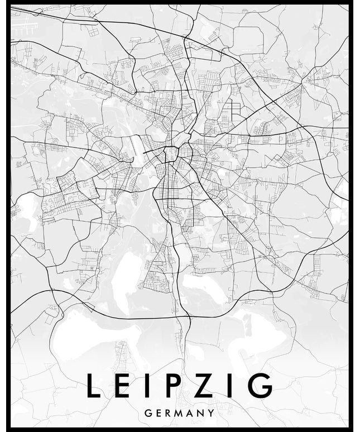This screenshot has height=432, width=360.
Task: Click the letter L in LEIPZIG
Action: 93,386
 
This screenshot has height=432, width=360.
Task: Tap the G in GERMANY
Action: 147,413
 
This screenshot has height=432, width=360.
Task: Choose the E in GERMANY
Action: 159,413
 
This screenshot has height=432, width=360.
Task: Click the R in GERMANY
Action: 169,413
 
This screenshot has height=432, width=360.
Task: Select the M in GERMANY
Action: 181,413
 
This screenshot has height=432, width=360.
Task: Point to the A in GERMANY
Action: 193,413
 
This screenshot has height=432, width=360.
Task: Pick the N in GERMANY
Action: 203,413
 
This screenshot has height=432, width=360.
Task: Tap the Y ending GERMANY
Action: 212,413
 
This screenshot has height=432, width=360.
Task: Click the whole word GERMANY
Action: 180,413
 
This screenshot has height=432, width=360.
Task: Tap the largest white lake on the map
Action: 95,335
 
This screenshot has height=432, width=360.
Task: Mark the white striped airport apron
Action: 25,25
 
